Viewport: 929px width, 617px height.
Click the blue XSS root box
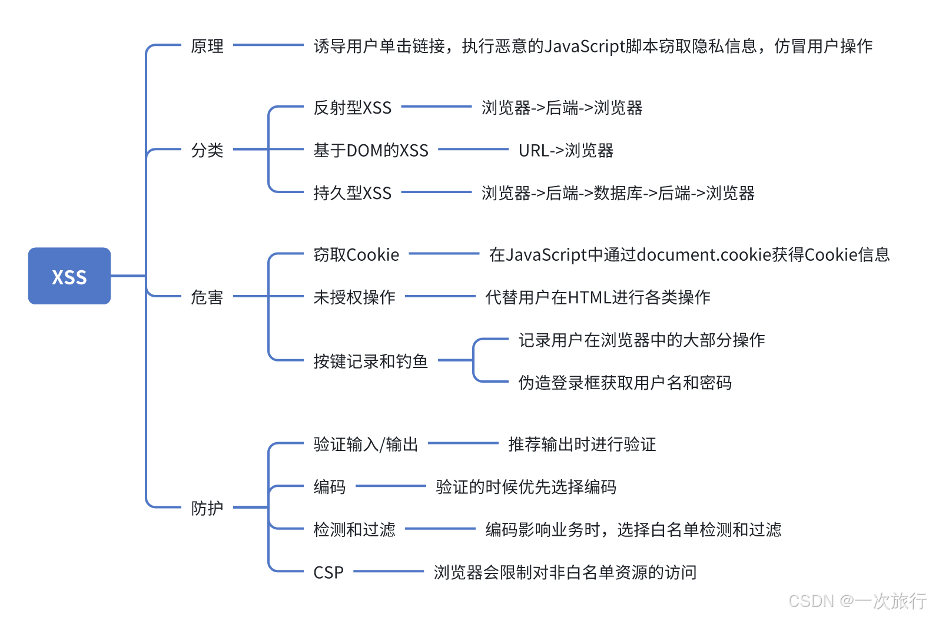[69, 276]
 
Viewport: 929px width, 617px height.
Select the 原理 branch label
[207, 46]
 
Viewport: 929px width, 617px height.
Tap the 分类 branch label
[207, 150]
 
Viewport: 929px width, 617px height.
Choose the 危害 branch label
[207, 297]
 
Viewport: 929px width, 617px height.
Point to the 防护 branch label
[207, 507]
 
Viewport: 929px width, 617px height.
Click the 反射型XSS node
[352, 108]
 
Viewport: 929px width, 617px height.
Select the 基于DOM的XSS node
[371, 151]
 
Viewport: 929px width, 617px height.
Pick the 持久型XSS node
[352, 193]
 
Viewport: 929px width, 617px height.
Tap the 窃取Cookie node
[356, 255]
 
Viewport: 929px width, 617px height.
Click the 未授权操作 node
[354, 297]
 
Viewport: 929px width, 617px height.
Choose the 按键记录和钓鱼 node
[370, 361]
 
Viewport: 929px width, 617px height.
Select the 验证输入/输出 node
[366, 444]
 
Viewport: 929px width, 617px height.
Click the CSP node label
[328, 572]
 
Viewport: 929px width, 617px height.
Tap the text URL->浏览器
[566, 151]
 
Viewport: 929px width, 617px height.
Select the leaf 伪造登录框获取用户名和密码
[625, 383]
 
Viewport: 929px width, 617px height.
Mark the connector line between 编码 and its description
[391, 486]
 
